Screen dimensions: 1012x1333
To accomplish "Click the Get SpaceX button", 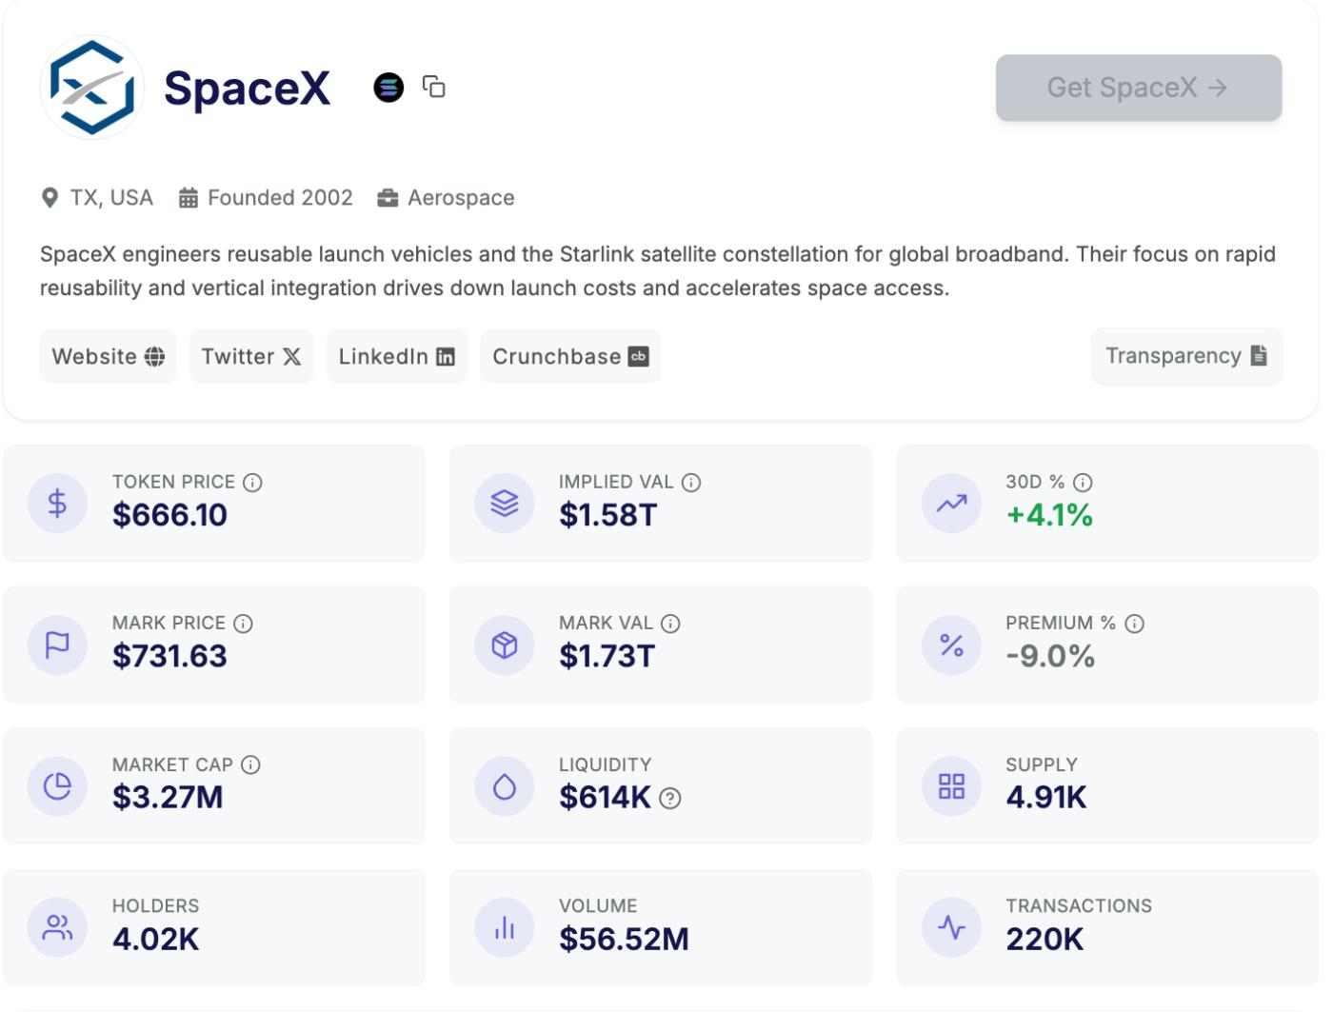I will (x=1138, y=88).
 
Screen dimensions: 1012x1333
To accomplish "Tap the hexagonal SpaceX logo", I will (x=92, y=88).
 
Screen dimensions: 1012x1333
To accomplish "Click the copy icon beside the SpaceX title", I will (x=434, y=87).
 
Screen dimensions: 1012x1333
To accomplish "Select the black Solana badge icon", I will (x=388, y=88).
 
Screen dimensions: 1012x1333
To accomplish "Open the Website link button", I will (x=108, y=356).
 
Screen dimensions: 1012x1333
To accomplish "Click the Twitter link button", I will (x=251, y=356).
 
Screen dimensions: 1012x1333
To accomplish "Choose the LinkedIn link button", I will (x=397, y=356).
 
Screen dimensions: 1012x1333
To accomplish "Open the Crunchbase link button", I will (x=570, y=356).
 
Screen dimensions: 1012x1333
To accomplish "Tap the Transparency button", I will (x=1186, y=356).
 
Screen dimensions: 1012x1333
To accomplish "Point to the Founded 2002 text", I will (x=279, y=198).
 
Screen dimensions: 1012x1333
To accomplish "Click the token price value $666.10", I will (x=169, y=515).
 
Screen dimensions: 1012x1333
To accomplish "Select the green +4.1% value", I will (x=1049, y=515).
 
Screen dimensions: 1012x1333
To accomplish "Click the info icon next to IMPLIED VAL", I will (x=692, y=483).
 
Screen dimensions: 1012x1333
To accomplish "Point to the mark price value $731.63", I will (x=169, y=656).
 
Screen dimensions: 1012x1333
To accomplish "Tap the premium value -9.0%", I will (x=1050, y=656).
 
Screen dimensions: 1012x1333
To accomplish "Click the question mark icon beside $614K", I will (x=670, y=799).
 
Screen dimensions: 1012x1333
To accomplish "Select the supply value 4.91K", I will (x=1045, y=797).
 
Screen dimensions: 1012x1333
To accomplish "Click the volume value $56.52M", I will (x=624, y=939).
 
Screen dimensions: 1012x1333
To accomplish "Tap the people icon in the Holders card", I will (x=57, y=927).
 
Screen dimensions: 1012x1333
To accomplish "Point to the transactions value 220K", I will (x=1045, y=939).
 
